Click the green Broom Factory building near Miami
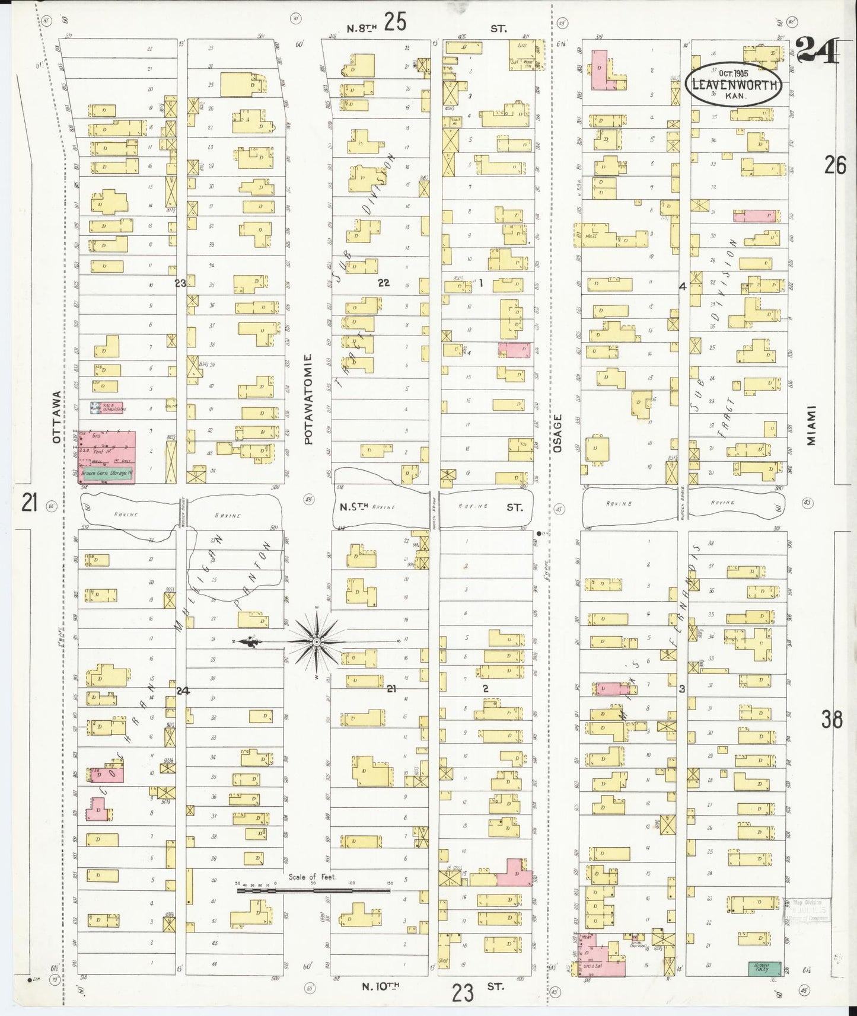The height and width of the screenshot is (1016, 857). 764,968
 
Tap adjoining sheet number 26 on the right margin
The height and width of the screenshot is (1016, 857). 834,165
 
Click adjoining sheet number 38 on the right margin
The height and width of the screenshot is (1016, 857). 831,719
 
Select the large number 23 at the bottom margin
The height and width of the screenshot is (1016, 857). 463,992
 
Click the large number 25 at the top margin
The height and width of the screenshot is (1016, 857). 395,23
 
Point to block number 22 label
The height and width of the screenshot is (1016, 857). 384,283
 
